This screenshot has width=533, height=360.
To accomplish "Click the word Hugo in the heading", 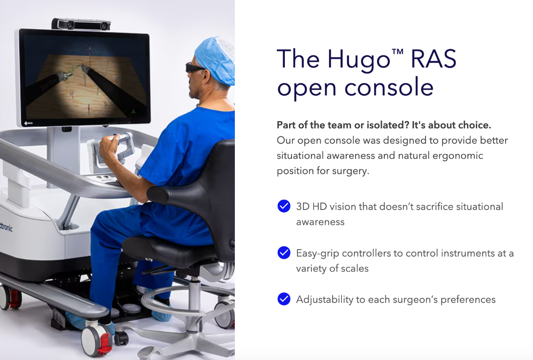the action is [x=359, y=60].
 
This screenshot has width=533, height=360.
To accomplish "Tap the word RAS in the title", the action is [x=433, y=59].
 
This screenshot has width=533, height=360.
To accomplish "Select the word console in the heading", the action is [x=389, y=87].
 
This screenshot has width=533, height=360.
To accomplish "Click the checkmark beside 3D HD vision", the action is [x=284, y=206].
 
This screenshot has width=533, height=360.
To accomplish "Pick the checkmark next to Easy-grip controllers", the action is [x=284, y=252].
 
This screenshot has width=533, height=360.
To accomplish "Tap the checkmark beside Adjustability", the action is [x=284, y=299].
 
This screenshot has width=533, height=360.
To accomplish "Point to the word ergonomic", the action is [x=458, y=156].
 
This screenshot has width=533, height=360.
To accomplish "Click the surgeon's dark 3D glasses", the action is [x=194, y=68].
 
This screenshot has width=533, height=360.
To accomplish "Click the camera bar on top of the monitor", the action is [x=81, y=25].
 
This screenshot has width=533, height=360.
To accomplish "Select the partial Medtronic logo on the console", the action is [x=6, y=227].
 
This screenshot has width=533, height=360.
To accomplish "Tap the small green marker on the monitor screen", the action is [x=133, y=111].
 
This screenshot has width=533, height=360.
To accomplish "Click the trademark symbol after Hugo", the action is [x=397, y=52].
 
